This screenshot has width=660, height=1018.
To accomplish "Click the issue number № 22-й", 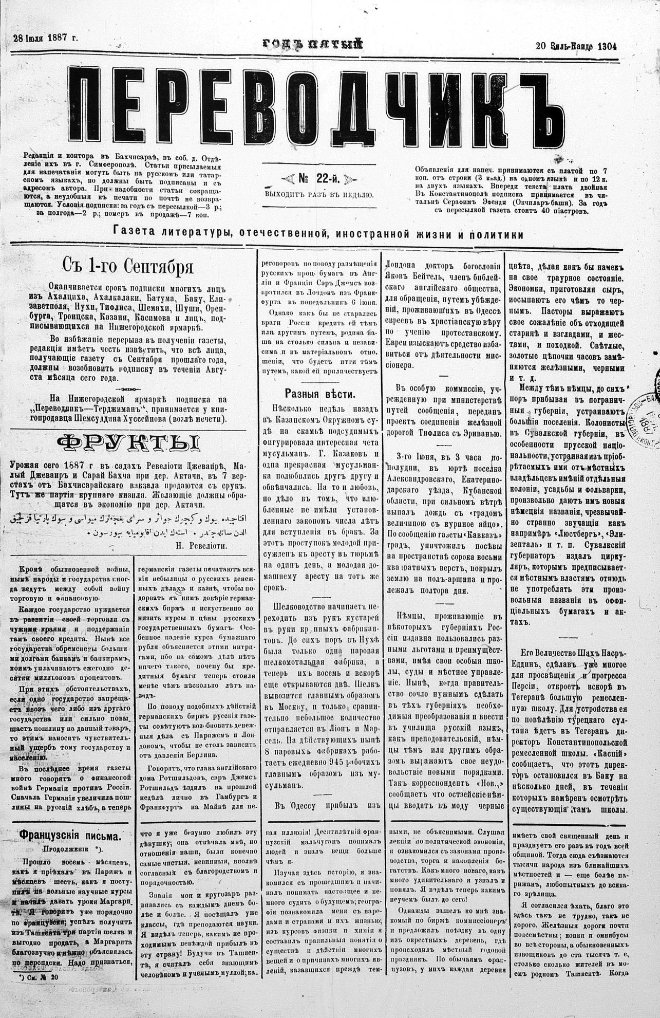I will click(319, 178).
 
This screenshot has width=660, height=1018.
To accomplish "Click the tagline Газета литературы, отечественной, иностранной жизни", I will click(318, 234).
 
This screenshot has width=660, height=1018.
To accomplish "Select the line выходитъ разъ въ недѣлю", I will click(319, 195).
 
